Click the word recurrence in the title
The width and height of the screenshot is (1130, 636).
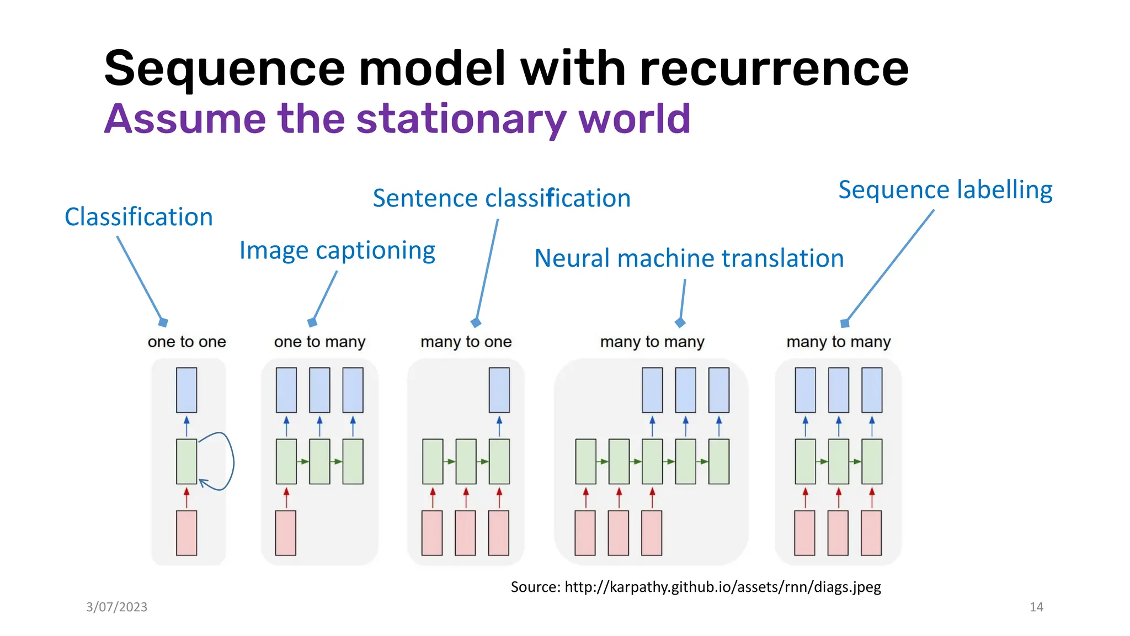pyautogui.click(x=774, y=69)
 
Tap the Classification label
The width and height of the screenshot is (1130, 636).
pyautogui.click(x=138, y=217)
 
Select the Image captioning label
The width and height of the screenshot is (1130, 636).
pyautogui.click(x=337, y=251)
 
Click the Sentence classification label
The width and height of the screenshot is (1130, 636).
pyautogui.click(x=501, y=198)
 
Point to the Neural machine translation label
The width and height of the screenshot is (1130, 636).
pyautogui.click(x=689, y=258)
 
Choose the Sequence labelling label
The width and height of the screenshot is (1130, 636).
pyautogui.click(x=945, y=190)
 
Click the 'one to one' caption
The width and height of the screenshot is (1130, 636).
pyautogui.click(x=186, y=342)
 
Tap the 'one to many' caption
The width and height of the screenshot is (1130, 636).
pyautogui.click(x=319, y=342)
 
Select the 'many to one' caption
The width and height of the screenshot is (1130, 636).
pyautogui.click(x=466, y=342)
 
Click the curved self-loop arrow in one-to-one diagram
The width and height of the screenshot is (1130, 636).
pyautogui.click(x=232, y=461)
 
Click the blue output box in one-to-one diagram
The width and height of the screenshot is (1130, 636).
pyautogui.click(x=186, y=390)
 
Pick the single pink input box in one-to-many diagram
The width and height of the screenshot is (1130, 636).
pyautogui.click(x=286, y=532)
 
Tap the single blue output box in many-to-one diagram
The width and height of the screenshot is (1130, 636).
pyautogui.click(x=499, y=390)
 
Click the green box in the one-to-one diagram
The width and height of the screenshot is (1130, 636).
pyautogui.click(x=186, y=461)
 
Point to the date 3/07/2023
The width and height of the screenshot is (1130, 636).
pyautogui.click(x=116, y=607)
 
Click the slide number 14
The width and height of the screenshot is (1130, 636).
pyautogui.click(x=1036, y=607)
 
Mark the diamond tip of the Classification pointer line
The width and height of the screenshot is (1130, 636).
pyautogui.click(x=163, y=322)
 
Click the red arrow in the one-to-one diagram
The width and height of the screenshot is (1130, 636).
pyautogui.click(x=186, y=497)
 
